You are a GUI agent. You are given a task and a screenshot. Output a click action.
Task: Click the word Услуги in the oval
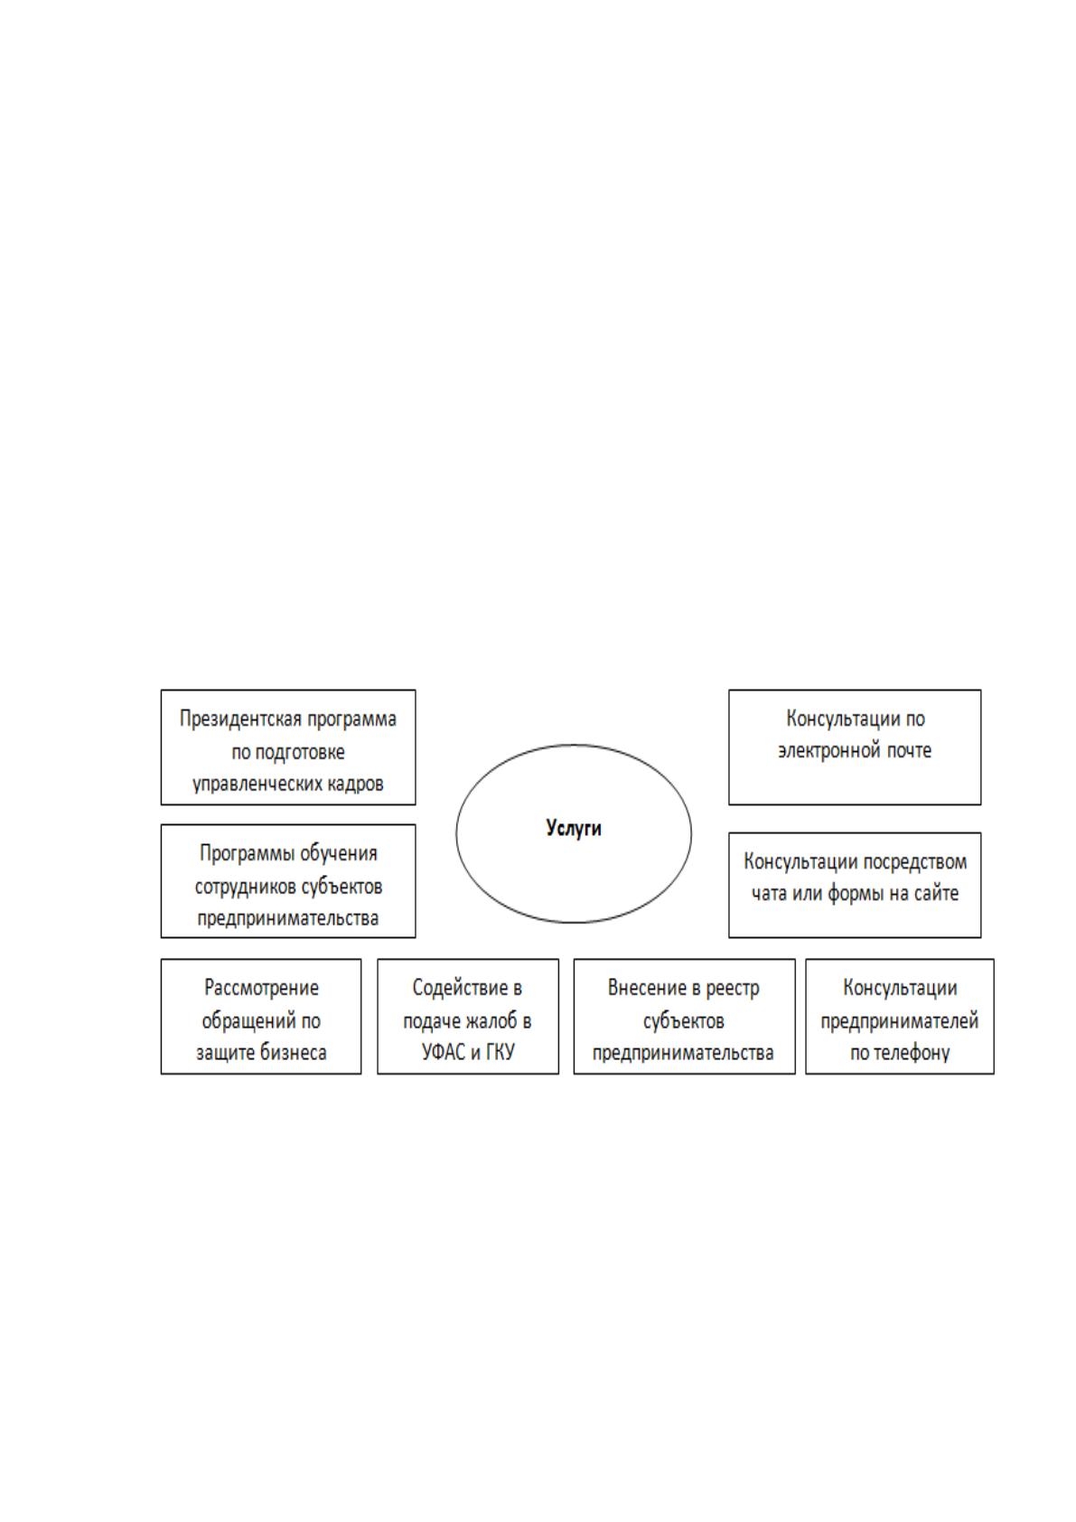(x=574, y=828)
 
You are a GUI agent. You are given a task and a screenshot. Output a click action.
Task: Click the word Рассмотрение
(x=261, y=988)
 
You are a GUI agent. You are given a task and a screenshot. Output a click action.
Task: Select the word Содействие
(x=459, y=988)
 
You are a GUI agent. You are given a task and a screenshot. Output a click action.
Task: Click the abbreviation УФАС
(x=444, y=1053)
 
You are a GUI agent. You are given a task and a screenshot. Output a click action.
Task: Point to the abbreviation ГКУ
(x=500, y=1053)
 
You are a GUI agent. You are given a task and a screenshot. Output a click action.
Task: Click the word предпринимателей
(x=900, y=1021)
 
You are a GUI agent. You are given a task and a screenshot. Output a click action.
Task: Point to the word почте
(x=908, y=751)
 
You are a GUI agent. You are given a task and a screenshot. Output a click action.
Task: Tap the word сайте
(x=936, y=894)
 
